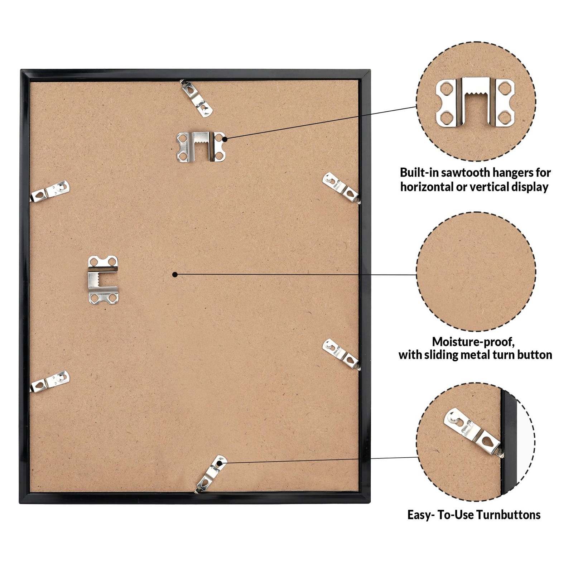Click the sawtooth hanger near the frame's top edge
[x=201, y=146]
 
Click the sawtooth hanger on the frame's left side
[x=103, y=280]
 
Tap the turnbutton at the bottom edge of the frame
[x=211, y=473]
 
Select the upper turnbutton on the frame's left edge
[x=50, y=191]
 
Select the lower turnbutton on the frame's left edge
[x=50, y=381]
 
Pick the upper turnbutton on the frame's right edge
[x=341, y=188]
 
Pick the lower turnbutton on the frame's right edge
[x=341, y=354]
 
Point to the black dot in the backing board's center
[x=175, y=275]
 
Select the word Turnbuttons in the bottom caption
[x=508, y=515]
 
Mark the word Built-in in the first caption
[x=419, y=173]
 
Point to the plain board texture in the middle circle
[x=476, y=271]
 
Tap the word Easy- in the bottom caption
[x=420, y=515]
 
